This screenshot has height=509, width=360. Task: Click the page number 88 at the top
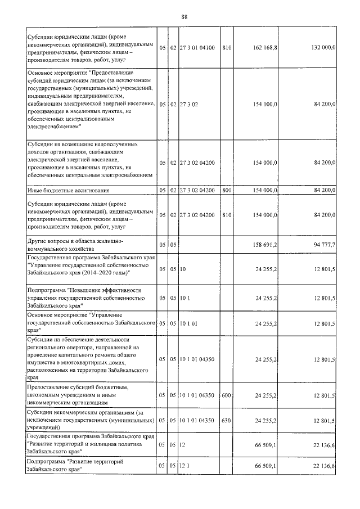[x=184, y=16]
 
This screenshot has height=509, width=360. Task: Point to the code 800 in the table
[x=227, y=190]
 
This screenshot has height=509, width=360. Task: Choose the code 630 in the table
[x=227, y=420]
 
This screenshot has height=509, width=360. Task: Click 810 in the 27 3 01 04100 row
[x=227, y=48]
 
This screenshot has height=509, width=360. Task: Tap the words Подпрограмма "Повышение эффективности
[x=84, y=290]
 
